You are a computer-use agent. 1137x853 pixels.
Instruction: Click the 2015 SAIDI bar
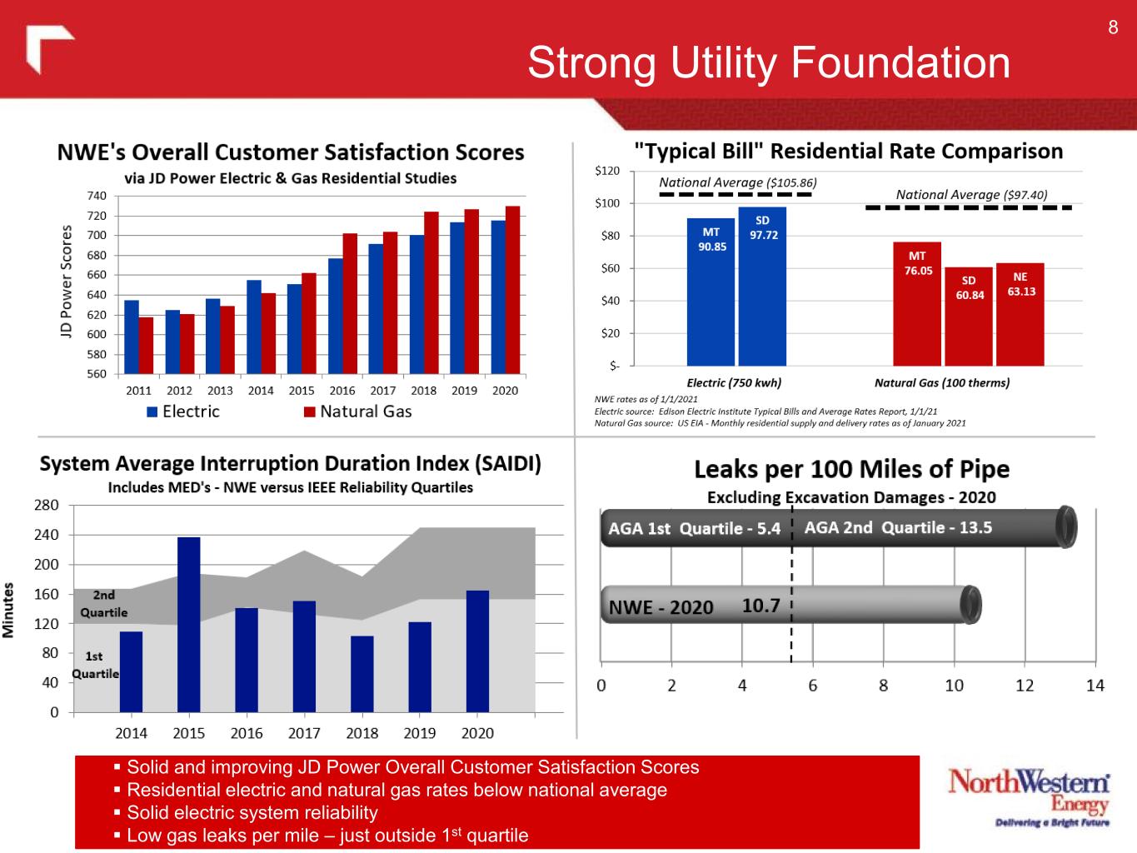click(x=188, y=625)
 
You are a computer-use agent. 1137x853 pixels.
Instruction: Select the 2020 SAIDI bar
click(x=477, y=651)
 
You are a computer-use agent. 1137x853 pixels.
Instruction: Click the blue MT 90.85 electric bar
click(x=711, y=292)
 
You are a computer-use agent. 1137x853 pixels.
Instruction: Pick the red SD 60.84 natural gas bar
click(x=969, y=317)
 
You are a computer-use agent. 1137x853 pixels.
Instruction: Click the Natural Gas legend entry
click(x=357, y=412)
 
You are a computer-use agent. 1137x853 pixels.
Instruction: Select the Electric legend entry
click(x=183, y=412)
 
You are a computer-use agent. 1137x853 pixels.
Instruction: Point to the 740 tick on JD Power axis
click(x=97, y=196)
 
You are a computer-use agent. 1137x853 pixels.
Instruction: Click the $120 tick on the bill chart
click(x=607, y=171)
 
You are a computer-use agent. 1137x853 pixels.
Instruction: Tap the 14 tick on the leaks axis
click(x=1095, y=686)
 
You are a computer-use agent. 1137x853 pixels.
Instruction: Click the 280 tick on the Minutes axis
click(x=47, y=506)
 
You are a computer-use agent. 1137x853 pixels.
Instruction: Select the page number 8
click(x=1113, y=27)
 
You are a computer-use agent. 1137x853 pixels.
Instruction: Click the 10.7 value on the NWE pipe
click(x=760, y=606)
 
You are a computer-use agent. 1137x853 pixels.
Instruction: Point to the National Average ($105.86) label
click(x=737, y=182)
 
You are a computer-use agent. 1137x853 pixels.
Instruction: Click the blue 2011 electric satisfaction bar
click(x=131, y=337)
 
